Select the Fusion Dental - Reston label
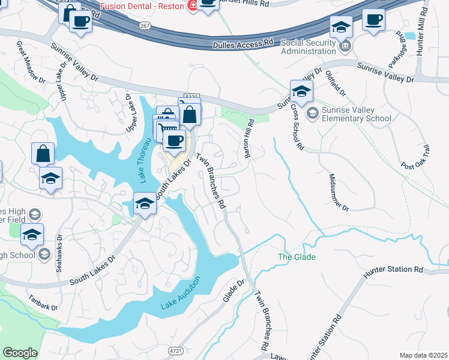tap(143, 6)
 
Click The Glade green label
tap(296, 257)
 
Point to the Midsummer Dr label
tap(339, 192)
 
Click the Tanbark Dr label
tap(42, 302)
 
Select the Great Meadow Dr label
tap(31, 62)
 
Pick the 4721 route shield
tap(175, 350)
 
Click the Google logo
tap(20, 353)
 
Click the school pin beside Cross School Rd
tap(301, 91)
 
